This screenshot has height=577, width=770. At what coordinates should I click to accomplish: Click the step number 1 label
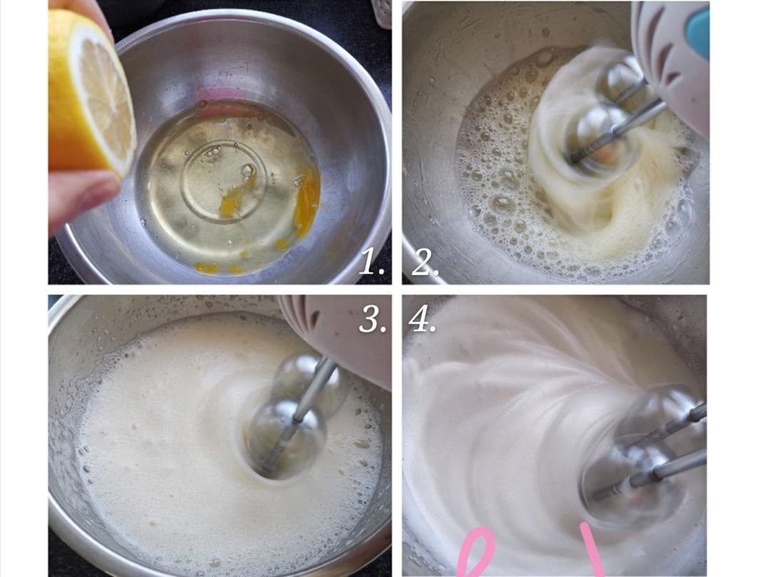[371, 261]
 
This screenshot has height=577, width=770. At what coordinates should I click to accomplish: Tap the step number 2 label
[425, 261]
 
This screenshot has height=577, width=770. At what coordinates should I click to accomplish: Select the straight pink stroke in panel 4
[592, 549]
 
